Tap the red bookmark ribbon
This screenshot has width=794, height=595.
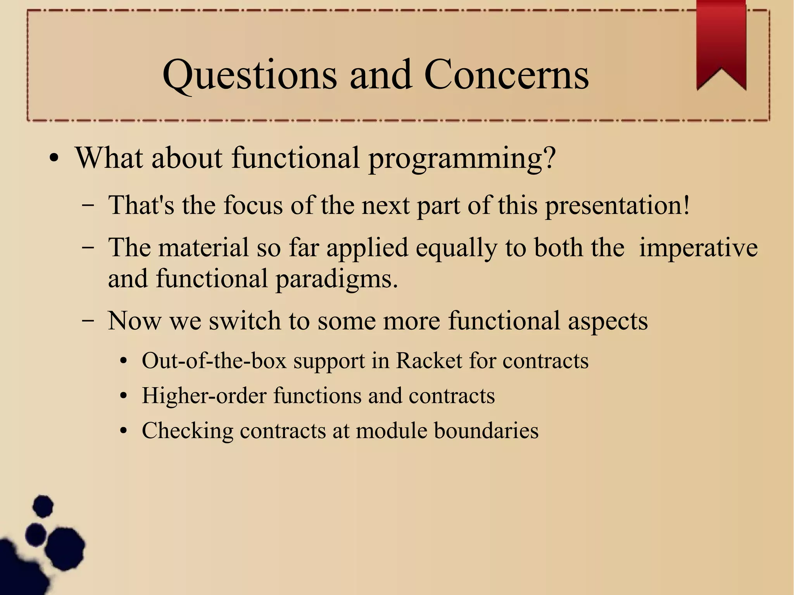721,43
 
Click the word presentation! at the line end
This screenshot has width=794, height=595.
617,205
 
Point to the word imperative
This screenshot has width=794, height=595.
698,248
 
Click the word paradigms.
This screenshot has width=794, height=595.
336,279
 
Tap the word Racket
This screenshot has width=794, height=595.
429,361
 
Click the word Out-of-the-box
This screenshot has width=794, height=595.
214,361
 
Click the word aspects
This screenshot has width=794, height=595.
608,321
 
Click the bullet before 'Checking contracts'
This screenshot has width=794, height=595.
124,431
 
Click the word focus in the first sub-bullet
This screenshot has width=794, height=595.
253,205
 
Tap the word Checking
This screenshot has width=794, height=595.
187,431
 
